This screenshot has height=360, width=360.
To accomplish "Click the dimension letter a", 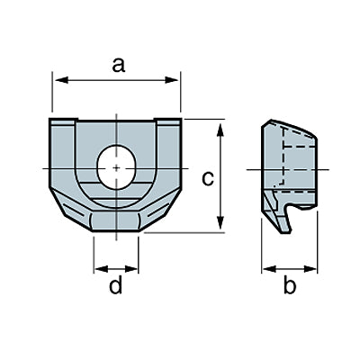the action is click(x=119, y=66).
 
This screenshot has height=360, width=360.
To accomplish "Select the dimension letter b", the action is click(x=290, y=285).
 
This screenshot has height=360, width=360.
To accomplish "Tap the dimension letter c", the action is click(x=208, y=179).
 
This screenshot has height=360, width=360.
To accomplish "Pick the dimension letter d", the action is click(x=116, y=285).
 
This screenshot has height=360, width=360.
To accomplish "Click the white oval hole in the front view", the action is click(x=117, y=167).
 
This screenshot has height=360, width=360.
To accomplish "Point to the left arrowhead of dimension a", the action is click(x=61, y=80).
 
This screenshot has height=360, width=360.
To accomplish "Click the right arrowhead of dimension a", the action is click(x=172, y=80).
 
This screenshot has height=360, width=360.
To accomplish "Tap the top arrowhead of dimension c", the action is click(x=220, y=130).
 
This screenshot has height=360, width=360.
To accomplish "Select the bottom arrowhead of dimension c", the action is click(x=220, y=222).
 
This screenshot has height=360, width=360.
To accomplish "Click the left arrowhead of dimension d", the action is click(x=101, y=269).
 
